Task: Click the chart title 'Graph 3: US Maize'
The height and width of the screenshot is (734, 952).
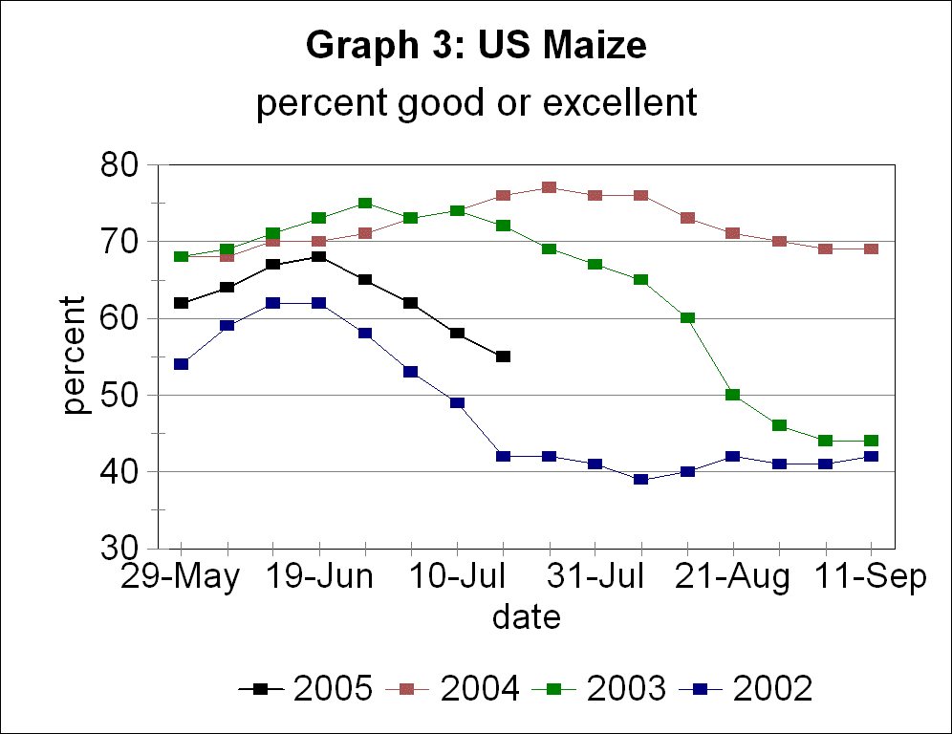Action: click(476, 45)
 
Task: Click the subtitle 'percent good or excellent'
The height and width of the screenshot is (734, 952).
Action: click(476, 102)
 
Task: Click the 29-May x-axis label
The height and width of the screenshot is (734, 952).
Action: click(180, 579)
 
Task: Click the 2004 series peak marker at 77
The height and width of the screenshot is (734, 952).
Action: click(549, 187)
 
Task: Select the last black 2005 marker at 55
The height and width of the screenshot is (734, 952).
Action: click(503, 356)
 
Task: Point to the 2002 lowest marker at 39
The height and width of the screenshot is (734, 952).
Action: click(640, 479)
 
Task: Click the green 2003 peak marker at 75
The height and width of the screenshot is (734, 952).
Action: click(364, 203)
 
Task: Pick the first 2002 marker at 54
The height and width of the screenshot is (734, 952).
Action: click(181, 364)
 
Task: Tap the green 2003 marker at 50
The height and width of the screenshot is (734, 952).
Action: click(733, 395)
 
